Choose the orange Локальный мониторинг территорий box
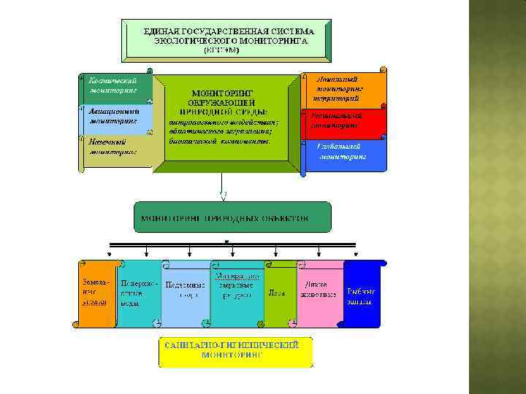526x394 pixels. [x=343, y=90]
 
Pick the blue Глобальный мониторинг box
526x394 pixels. [x=343, y=152]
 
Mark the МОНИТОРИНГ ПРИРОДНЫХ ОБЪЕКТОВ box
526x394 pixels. [x=232, y=218]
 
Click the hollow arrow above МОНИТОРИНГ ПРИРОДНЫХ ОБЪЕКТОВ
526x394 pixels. [x=224, y=194]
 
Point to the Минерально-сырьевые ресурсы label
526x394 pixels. [x=237, y=286]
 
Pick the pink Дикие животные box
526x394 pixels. [x=319, y=290]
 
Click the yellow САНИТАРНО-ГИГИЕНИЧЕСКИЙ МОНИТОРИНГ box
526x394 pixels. [x=236, y=350]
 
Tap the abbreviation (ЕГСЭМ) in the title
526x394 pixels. [x=229, y=51]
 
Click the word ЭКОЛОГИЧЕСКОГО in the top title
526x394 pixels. [x=194, y=42]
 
